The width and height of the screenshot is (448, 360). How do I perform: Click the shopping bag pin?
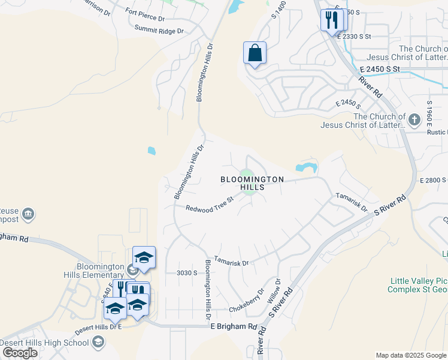pyautogui.click(x=255, y=53)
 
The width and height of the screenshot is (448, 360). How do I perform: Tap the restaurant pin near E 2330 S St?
pyautogui.click(x=330, y=21)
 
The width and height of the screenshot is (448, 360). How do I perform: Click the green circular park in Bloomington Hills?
pyautogui.click(x=246, y=175)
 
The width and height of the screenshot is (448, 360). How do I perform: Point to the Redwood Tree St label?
pyautogui.click(x=209, y=204)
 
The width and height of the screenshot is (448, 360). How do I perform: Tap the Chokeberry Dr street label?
pyautogui.click(x=246, y=302)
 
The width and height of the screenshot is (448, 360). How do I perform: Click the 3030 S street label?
pyautogui.click(x=187, y=273)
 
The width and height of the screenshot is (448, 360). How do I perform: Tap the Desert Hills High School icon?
pyautogui.click(x=98, y=343)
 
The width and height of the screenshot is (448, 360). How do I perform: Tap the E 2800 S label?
pyautogui.click(x=433, y=180)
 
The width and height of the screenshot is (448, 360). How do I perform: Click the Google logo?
pyautogui.click(x=20, y=353)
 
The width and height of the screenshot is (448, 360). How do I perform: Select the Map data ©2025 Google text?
pyautogui.click(x=410, y=355)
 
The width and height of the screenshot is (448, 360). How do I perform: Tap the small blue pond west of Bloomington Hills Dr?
pyautogui.click(x=152, y=151)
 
